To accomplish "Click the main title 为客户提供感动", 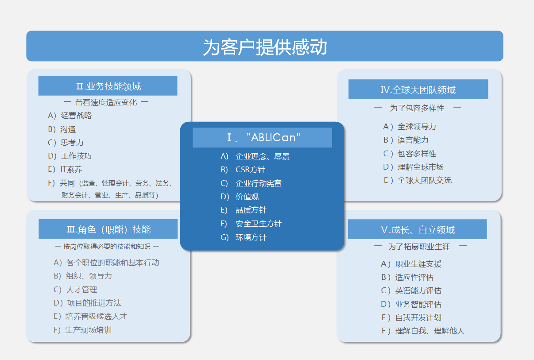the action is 265,47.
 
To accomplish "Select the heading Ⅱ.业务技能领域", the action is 108,86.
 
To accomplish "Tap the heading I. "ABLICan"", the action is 263,138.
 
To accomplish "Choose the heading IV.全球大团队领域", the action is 418,90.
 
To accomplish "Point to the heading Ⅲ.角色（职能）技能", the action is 109,229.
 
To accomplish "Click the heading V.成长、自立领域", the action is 418,230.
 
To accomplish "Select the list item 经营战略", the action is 76,116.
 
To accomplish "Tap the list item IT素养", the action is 71,169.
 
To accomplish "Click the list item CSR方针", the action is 250,170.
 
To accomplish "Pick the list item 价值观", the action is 247,197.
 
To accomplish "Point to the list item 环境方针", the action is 251,237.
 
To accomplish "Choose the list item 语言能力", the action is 413,140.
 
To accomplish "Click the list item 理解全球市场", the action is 421,167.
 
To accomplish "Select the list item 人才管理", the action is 81,290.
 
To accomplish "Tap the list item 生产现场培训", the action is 88,330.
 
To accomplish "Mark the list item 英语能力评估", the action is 418,290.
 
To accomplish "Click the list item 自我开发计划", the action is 418,317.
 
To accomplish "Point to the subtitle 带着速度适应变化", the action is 106,102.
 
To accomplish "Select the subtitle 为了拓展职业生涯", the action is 419,247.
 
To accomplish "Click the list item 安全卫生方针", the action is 259,224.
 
